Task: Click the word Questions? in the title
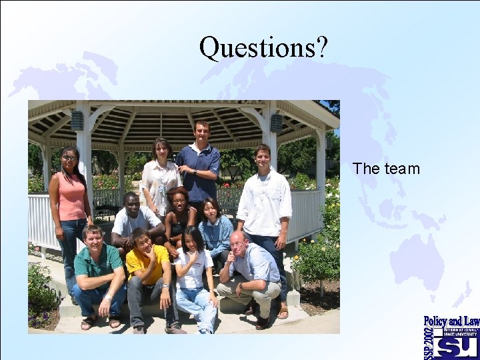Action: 263,47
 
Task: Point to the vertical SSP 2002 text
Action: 429,343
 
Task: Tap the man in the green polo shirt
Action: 99,267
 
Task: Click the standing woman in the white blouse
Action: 160,177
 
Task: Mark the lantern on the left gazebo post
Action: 77,121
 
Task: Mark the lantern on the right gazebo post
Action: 276,123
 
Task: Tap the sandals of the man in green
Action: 100,323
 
